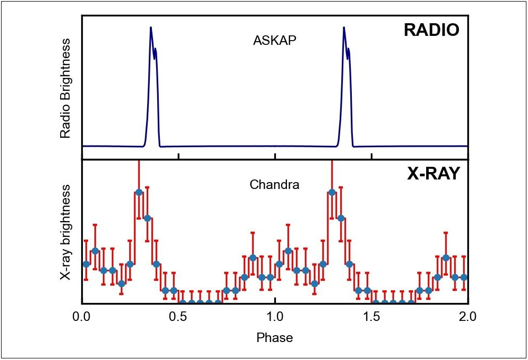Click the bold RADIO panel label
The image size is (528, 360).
[431, 30]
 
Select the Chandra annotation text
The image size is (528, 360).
[274, 185]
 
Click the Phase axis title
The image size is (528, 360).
[274, 337]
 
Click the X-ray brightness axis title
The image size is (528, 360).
[65, 232]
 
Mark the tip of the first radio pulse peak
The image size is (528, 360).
[151, 27]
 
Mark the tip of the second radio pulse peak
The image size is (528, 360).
[344, 27]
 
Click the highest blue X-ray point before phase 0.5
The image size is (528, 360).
[139, 192]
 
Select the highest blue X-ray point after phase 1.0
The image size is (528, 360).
[332, 192]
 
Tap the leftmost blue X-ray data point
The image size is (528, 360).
[87, 263]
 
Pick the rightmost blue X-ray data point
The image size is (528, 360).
[464, 277]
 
